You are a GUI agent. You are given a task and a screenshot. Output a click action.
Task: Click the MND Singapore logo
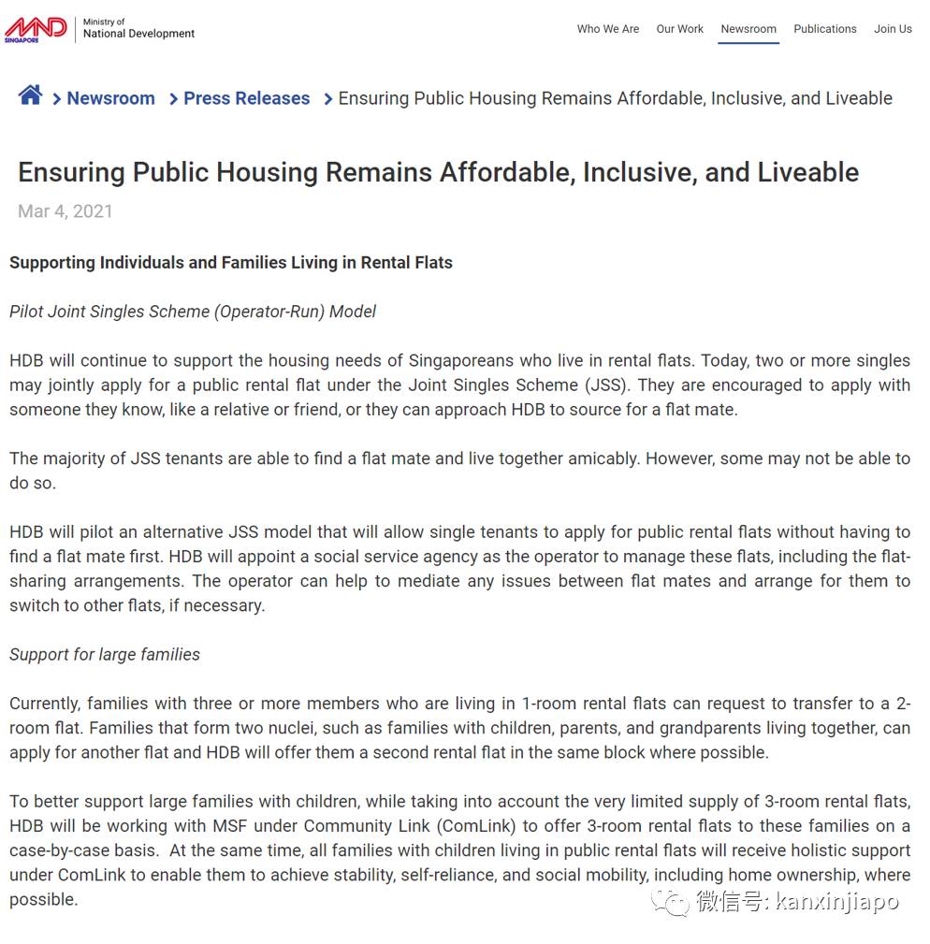click(x=36, y=29)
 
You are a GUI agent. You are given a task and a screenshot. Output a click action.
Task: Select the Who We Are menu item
click(x=608, y=29)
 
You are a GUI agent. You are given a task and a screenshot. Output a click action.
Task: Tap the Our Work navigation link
click(x=680, y=29)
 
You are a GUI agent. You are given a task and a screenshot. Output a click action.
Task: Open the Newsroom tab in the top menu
click(x=748, y=29)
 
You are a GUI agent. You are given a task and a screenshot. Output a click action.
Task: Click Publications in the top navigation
click(x=825, y=29)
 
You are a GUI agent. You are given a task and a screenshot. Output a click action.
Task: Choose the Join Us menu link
click(x=893, y=29)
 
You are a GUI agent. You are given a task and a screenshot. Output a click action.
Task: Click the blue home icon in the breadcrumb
click(x=30, y=95)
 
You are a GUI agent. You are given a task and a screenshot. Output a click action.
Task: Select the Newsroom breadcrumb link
click(x=110, y=98)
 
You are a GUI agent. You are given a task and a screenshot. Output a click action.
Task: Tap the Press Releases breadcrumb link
click(x=246, y=98)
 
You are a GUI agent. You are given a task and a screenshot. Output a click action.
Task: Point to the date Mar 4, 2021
click(x=65, y=211)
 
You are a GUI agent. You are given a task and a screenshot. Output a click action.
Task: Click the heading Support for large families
click(x=105, y=654)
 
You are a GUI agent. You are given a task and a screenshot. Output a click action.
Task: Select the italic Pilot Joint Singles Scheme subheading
click(x=193, y=312)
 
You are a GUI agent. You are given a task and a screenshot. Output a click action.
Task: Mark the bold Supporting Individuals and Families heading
click(x=231, y=263)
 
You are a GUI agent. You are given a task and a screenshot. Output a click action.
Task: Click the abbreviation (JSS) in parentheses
click(x=610, y=385)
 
